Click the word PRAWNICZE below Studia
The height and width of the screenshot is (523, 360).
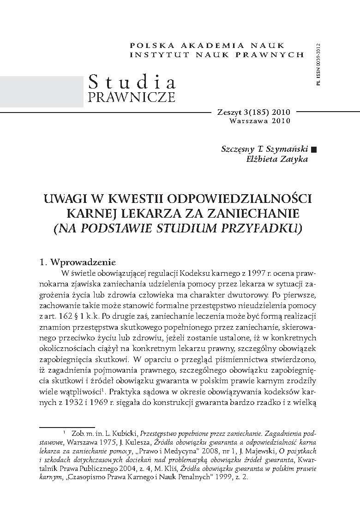pyautogui.click(x=131, y=97)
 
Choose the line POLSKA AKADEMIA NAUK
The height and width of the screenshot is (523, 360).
pyautogui.click(x=217, y=45)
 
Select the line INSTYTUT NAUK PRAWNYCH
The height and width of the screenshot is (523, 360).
pyautogui.click(x=217, y=54)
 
